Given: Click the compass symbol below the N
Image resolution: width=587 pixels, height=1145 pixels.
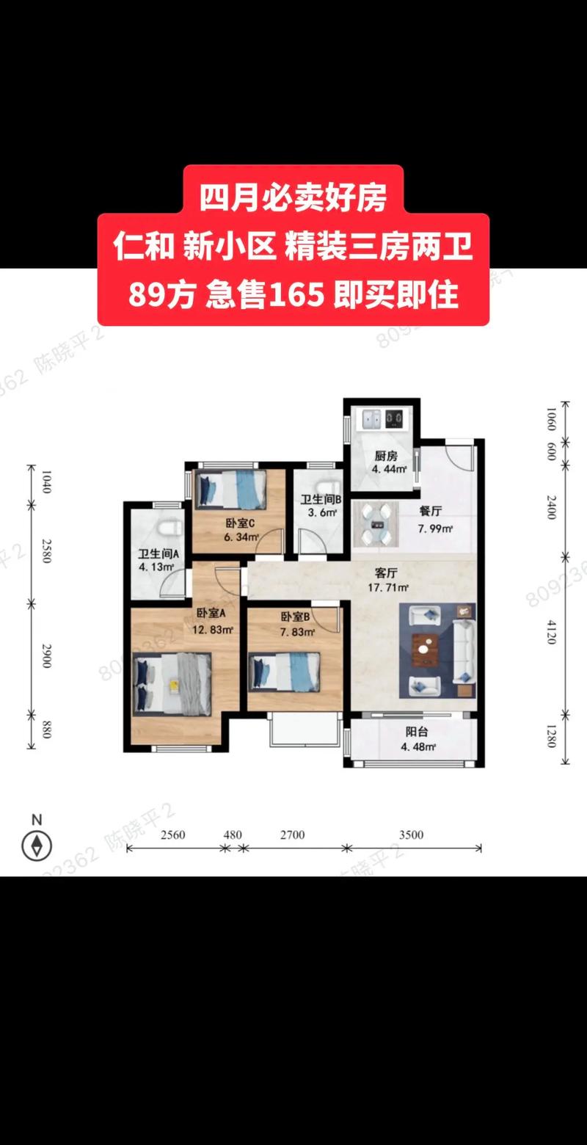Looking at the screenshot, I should pos(37,845).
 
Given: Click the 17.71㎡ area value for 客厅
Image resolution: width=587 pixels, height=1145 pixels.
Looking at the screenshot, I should pos(388,587).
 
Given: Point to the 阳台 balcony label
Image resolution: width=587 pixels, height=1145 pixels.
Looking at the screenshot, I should pos(417,732).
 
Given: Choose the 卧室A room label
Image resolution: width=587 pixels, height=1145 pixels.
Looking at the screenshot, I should pos(211,614).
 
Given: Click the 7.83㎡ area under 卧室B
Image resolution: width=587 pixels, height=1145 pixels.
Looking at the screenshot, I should pos(297,633).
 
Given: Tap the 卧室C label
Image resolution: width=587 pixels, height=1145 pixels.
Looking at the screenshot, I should pos(240,523).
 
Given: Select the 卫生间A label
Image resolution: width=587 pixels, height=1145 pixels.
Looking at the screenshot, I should pos(154,555).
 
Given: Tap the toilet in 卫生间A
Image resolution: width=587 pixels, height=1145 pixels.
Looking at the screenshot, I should pos(168,526).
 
